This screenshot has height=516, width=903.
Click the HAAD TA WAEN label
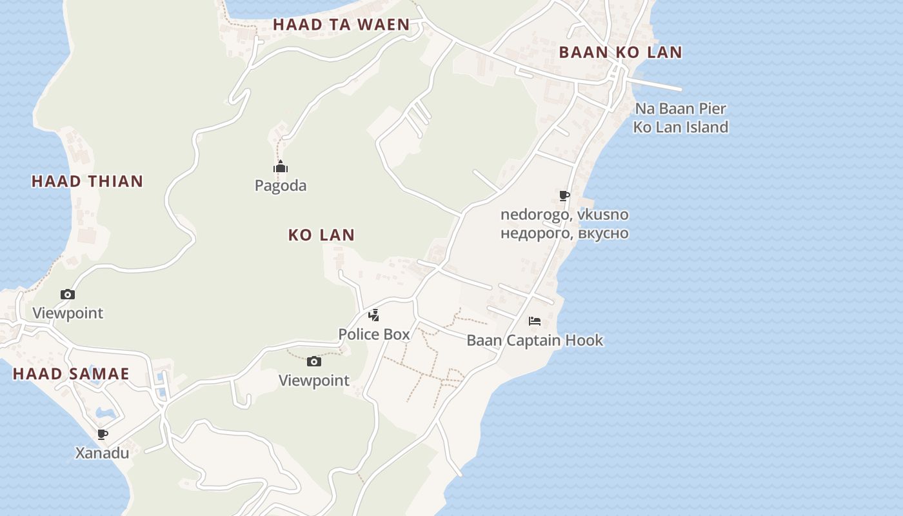[341, 25]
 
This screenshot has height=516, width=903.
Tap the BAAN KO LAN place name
[620, 53]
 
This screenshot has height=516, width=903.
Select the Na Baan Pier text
[680, 108]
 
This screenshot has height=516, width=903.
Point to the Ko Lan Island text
[680, 127]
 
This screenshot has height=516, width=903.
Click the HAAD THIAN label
[87, 181]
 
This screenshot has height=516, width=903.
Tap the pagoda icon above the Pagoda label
[280, 167]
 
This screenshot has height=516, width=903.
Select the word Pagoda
[280, 186]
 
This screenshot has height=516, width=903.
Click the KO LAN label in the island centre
[321, 235]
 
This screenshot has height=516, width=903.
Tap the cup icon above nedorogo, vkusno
[564, 195]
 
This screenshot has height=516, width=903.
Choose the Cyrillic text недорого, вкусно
[564, 233]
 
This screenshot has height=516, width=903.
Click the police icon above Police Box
[373, 315]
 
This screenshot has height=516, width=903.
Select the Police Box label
[374, 334]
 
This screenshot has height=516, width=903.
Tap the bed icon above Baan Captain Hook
[534, 321]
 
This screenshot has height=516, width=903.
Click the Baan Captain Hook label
[535, 340]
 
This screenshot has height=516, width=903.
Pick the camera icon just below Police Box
[313, 361]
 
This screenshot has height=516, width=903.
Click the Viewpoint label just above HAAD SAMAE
[68, 313]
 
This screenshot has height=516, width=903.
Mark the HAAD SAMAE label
[71, 374]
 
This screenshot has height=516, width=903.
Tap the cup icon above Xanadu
[102, 434]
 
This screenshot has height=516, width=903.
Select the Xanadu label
[102, 453]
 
